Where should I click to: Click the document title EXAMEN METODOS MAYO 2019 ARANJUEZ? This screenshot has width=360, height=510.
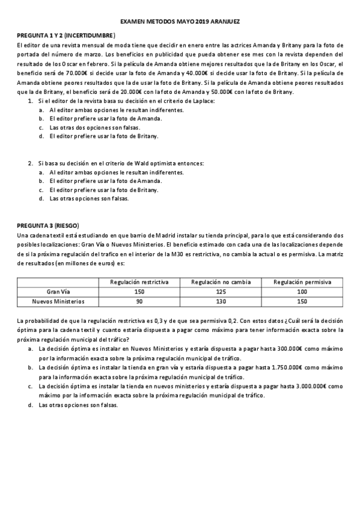(180, 20)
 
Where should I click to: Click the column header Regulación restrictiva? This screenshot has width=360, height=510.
(139, 281)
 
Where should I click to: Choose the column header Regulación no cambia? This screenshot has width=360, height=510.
(221, 281)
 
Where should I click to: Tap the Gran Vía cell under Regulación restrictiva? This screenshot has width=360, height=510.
(139, 291)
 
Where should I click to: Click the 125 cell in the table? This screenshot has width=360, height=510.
(221, 291)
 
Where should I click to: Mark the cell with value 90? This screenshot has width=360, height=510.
(139, 301)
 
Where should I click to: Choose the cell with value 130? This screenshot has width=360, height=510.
(221, 301)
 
